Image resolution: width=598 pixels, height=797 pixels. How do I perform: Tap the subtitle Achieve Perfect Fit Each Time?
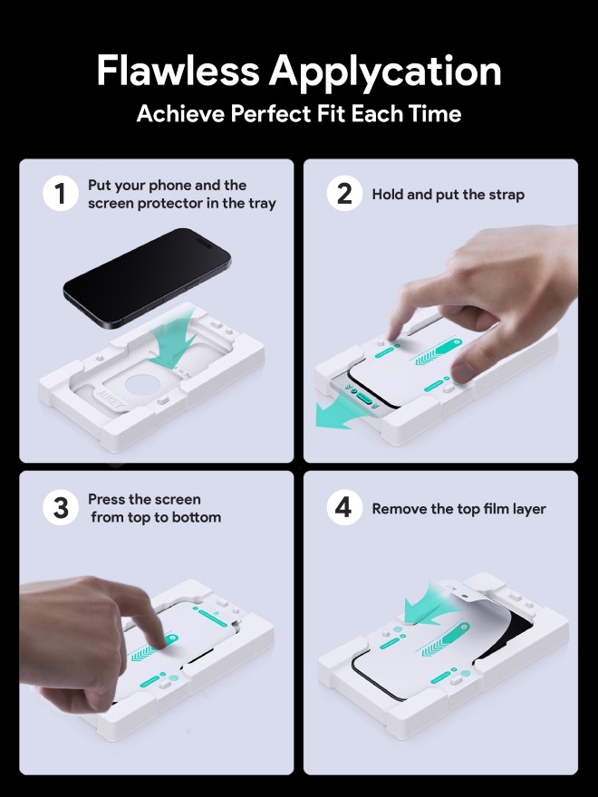click(298, 114)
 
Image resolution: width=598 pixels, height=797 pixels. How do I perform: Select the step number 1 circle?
click(61, 194)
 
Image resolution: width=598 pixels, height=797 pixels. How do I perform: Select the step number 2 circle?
click(344, 194)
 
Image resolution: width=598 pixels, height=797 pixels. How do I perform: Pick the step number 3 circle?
click(61, 508)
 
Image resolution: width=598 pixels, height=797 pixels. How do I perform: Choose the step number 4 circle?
click(344, 508)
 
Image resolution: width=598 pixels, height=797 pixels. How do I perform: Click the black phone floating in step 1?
click(145, 275)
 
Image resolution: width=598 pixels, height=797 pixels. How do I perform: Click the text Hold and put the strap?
click(448, 195)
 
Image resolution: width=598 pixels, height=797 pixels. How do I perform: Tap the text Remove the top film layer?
click(458, 509)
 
